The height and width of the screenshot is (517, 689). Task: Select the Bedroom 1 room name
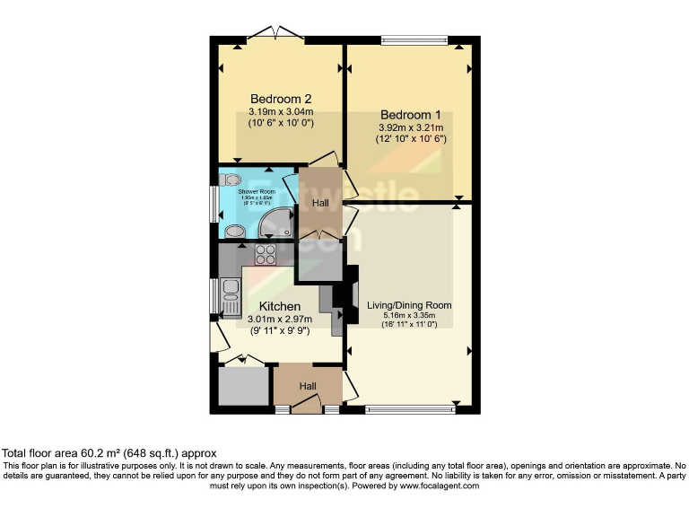[x=411, y=115]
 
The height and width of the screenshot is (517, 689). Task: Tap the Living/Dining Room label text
[x=409, y=305]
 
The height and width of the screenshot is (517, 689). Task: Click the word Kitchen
[x=274, y=306]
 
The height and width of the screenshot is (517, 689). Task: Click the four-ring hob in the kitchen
[x=266, y=254]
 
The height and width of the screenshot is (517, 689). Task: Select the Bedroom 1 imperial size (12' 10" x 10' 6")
[x=411, y=140]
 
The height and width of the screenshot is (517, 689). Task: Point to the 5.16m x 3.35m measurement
[x=409, y=316]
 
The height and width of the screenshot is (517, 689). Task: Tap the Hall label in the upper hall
[x=319, y=204]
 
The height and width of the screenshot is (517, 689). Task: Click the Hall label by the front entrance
[x=308, y=387]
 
